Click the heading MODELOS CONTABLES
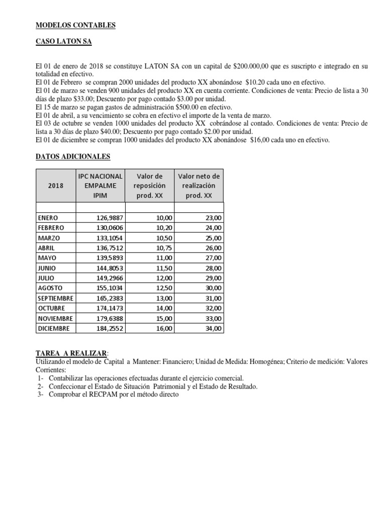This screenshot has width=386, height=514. [x=75, y=26]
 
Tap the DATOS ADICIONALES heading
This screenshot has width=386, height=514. [x=73, y=157]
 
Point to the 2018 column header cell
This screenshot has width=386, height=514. [x=56, y=185]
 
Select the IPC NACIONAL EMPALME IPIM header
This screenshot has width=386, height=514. [x=100, y=185]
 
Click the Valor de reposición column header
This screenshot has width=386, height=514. [x=149, y=185]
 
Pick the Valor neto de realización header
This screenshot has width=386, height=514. [x=199, y=185]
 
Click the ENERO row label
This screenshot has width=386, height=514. [x=48, y=218]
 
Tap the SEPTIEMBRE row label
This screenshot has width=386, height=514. [x=55, y=298]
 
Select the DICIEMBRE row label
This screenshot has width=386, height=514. [x=54, y=328]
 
